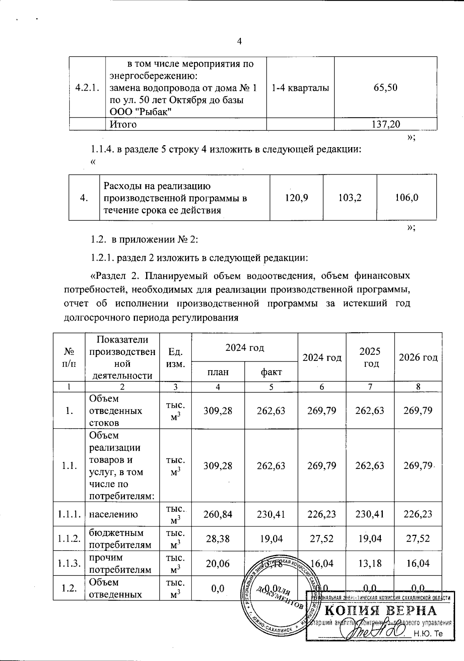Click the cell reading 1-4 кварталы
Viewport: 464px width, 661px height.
pyautogui.click(x=300, y=88)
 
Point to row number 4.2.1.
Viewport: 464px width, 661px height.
pyautogui.click(x=87, y=88)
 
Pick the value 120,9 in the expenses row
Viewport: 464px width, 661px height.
pyautogui.click(x=296, y=197)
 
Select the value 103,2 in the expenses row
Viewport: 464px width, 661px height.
pyautogui.click(x=350, y=197)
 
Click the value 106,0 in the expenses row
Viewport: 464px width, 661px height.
pyautogui.click(x=406, y=197)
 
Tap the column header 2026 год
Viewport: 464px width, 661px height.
pyautogui.click(x=418, y=357)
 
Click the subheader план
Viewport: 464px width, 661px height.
pyautogui.click(x=218, y=372)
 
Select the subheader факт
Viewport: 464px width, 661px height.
pyautogui.click(x=271, y=372)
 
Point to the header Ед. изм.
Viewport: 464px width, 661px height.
pyautogui.click(x=176, y=357)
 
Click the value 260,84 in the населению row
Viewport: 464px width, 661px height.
pyautogui.click(x=218, y=514)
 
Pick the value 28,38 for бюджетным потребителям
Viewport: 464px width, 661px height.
pyautogui.click(x=218, y=539)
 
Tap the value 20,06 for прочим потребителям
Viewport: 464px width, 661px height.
pyautogui.click(x=218, y=563)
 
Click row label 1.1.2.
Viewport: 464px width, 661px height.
pyautogui.click(x=69, y=539)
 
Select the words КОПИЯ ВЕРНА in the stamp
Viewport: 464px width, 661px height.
pyautogui.click(x=380, y=611)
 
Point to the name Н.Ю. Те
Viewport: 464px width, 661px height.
pyautogui.click(x=428, y=634)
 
